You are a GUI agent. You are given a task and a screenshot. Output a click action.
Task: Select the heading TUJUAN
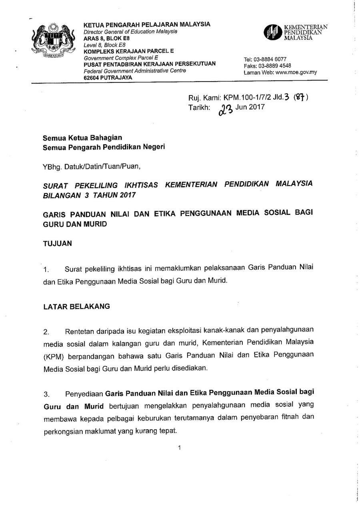point(58,243)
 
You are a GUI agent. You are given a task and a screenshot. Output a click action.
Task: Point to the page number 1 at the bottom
point(180,448)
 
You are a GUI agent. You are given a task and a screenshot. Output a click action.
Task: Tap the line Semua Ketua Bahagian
point(82,138)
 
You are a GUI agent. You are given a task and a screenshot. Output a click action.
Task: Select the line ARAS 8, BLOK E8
point(106,38)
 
